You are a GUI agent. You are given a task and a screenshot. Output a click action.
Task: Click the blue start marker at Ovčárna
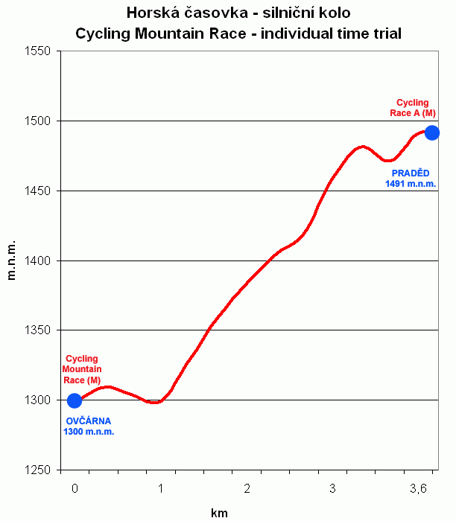[x=75, y=401]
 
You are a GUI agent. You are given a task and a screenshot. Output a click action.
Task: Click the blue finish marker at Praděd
[x=431, y=132]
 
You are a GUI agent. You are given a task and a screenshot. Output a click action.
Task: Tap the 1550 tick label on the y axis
[x=37, y=51]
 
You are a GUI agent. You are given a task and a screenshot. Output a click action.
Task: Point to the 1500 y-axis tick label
[x=37, y=121]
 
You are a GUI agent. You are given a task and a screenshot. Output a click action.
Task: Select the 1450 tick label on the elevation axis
[x=37, y=191]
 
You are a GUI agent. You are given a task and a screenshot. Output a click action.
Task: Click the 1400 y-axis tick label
[x=37, y=261]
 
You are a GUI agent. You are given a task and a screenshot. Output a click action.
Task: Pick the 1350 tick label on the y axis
[x=37, y=330]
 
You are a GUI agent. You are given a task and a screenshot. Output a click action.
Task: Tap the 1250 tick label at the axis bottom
[x=37, y=470]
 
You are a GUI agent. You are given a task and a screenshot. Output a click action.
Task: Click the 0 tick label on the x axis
[x=75, y=488]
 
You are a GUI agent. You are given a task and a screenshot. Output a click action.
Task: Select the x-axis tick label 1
[x=161, y=488]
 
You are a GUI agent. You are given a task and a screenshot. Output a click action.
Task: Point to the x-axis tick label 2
[x=247, y=488]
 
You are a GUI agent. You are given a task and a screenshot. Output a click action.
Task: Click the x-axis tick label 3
[x=333, y=488]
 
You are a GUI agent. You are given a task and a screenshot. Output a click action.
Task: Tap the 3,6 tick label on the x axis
[x=419, y=488]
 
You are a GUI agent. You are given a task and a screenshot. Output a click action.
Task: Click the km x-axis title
[x=219, y=513]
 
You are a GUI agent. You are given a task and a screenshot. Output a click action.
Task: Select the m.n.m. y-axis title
[x=12, y=260]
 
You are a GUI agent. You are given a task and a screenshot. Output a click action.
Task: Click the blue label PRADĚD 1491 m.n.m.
[x=411, y=178]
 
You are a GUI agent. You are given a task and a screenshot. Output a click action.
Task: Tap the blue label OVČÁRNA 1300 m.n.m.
[x=88, y=426]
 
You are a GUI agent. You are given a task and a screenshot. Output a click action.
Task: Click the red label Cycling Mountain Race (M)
[x=82, y=369]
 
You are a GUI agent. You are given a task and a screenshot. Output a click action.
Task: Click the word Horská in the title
[x=153, y=13]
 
